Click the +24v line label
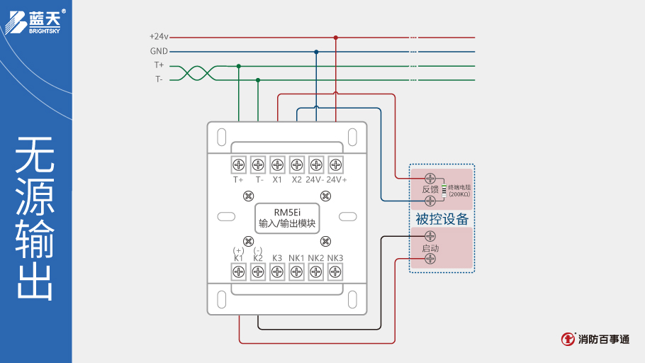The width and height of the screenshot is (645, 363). click(159, 36)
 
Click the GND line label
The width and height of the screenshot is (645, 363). click(159, 51)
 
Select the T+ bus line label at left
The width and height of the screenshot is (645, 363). click(159, 65)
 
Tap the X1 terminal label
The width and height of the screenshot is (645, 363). click(277, 180)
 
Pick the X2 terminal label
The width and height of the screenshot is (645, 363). click(296, 180)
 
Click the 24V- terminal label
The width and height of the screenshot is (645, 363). click(315, 180)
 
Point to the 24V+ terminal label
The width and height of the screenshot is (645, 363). click(337, 180)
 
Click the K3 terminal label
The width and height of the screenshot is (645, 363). click(277, 258)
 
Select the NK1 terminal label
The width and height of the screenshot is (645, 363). click(296, 258)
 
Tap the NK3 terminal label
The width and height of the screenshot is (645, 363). click(335, 258)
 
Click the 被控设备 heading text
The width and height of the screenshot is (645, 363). click(442, 220)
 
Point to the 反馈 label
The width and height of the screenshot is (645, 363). click(430, 190)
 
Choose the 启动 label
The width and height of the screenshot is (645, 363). click(430, 249)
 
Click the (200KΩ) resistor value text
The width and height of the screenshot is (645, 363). click(459, 194)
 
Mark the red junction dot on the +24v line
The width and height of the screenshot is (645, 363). click(335, 37)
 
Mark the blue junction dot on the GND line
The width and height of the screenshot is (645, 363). click(316, 51)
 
